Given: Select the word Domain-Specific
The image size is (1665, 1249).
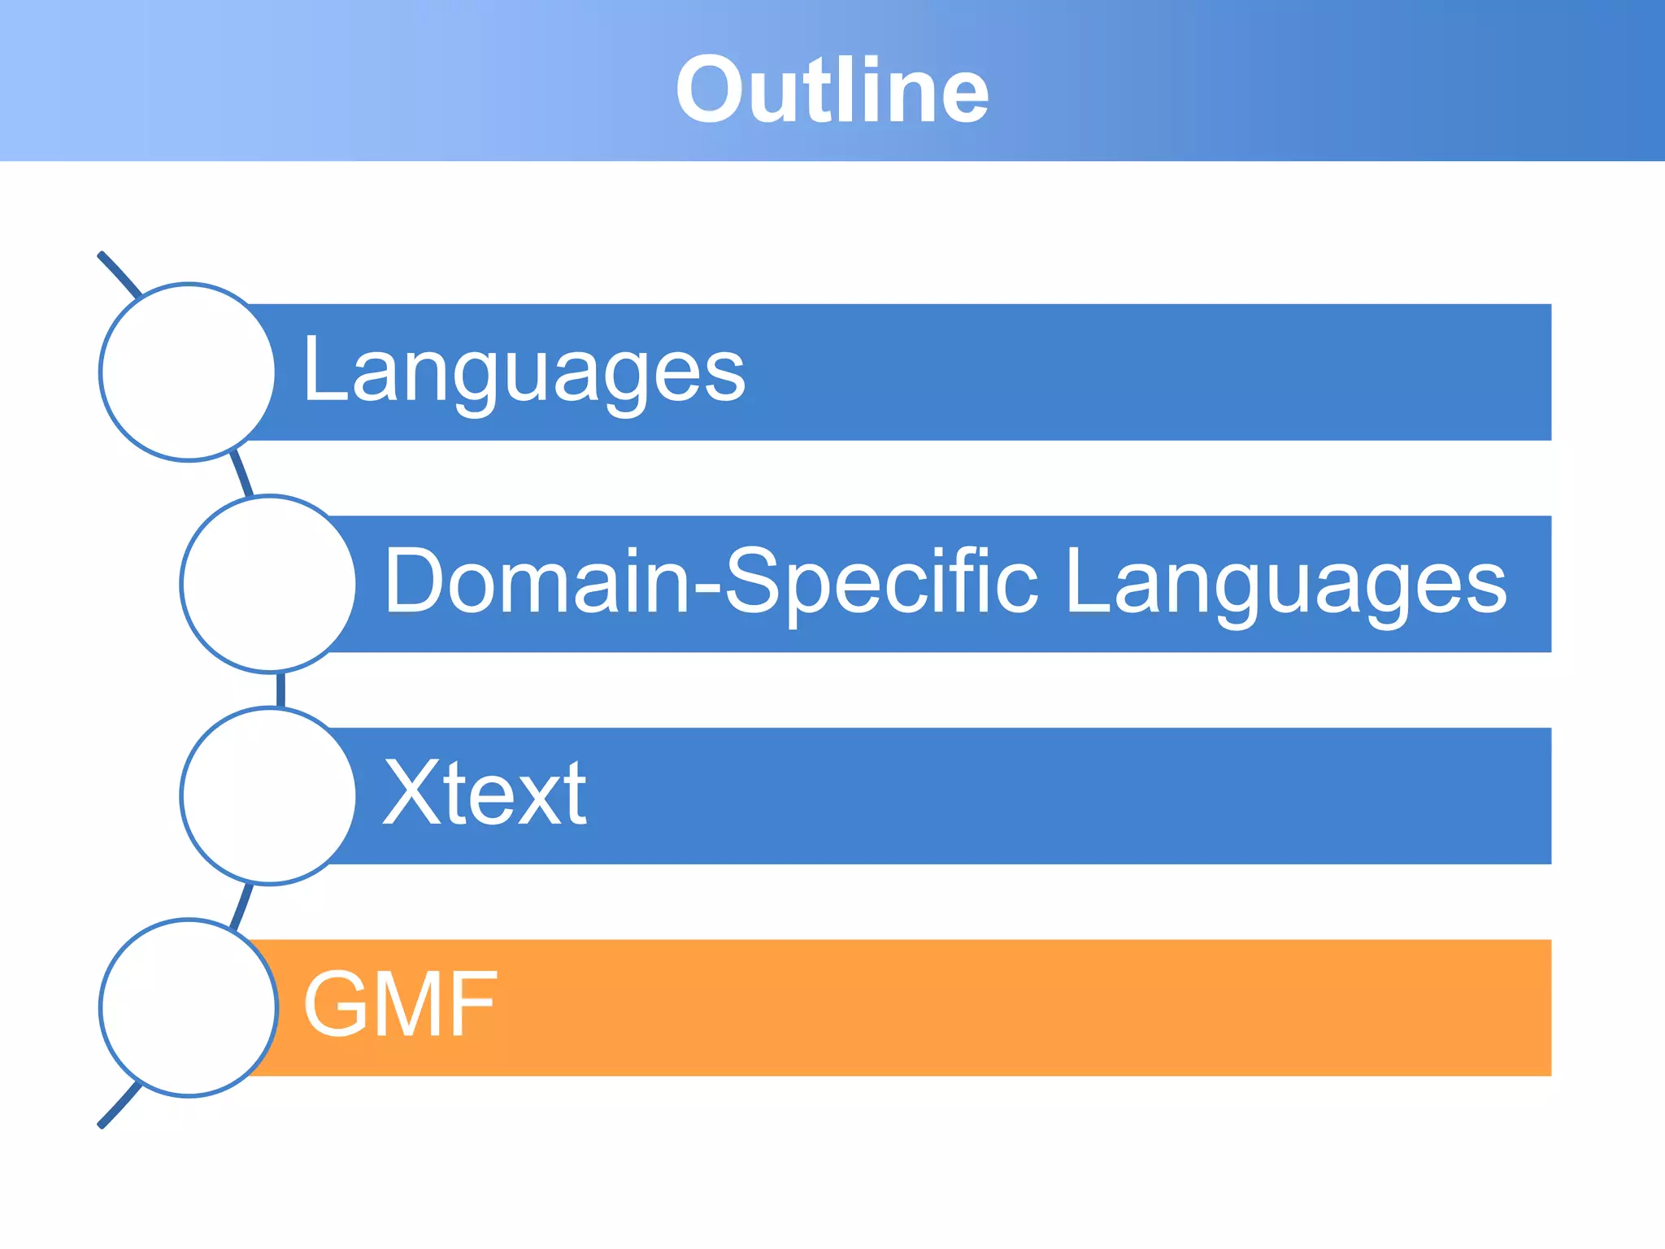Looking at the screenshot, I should coord(711,582).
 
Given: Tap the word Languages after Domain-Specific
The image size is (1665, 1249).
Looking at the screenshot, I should coord(1285,582).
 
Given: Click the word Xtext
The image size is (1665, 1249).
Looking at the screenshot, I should coord(485,794).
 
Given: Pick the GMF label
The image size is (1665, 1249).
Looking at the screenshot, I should coord(399,1005).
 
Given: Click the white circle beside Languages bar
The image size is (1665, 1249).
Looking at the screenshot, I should coord(188,372).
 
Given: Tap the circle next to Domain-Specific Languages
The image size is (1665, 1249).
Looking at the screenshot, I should coord(268,584).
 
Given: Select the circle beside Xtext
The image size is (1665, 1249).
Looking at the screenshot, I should coord(268,795).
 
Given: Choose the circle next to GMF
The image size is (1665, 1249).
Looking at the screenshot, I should coord(188,1007).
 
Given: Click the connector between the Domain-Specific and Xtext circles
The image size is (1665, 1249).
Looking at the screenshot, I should coord(280,690).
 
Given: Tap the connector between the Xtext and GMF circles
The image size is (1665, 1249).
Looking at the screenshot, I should coord(242,904).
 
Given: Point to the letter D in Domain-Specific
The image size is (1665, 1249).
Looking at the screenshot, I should coord(415,582).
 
